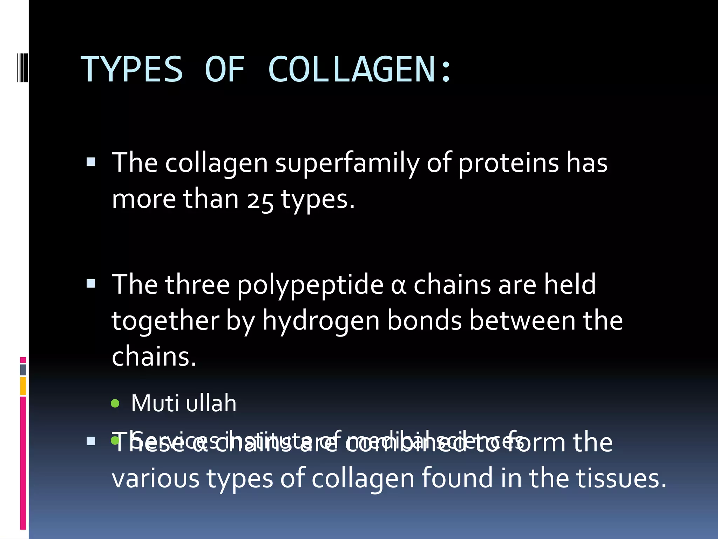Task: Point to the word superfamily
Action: point(347,163)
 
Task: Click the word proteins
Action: point(508,163)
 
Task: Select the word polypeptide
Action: point(310,285)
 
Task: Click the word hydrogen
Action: point(321,321)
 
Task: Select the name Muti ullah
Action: point(184,403)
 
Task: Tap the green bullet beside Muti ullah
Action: point(115,404)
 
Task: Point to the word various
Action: point(156,479)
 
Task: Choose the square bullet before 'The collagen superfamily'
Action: point(91,162)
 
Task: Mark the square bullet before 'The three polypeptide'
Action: point(91,284)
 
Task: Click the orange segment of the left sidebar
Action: point(23,386)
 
